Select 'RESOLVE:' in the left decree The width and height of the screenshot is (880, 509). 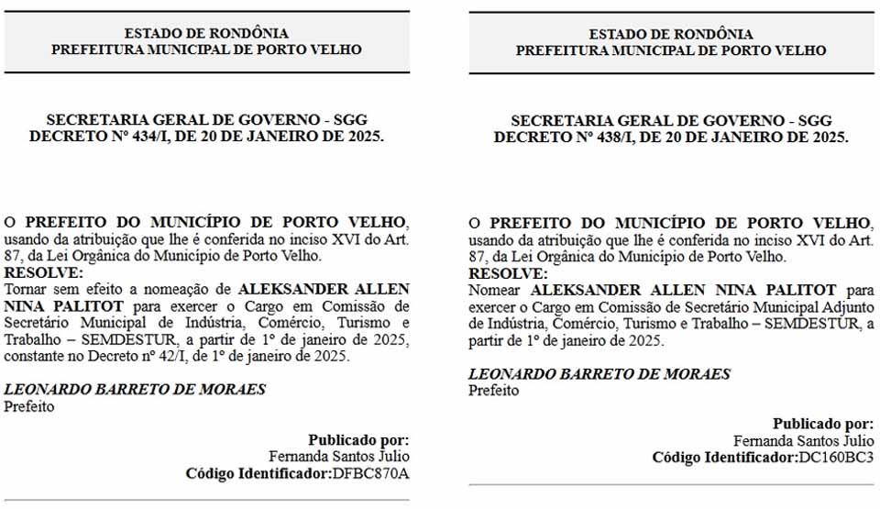44,272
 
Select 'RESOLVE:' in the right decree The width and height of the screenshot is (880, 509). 508,273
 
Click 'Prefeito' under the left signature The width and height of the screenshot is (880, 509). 29,406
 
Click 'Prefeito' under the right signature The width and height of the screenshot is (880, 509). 493,391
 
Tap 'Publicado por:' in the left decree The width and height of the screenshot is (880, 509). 358,439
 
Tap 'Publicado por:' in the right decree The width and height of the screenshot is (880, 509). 823,424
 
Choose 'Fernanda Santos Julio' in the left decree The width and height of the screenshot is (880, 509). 339,456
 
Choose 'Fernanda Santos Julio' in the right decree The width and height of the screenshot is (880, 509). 803,440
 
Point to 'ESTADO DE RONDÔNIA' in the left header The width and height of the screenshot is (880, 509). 206,34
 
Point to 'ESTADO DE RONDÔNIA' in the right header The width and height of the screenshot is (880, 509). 670,34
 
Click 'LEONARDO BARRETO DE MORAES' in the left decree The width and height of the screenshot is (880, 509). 135,389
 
